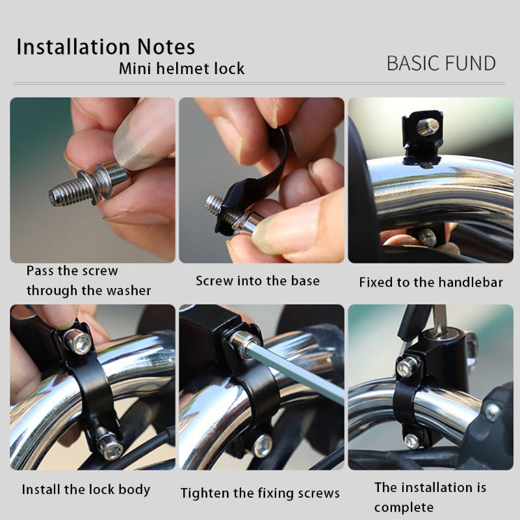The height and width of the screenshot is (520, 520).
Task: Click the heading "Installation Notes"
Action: [106, 46]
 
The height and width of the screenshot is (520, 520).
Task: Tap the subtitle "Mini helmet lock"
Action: [182, 69]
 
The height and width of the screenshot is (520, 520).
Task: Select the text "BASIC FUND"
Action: [441, 63]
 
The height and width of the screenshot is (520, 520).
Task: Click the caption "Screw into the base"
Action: [257, 281]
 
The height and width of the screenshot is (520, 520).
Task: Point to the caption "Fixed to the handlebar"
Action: [431, 282]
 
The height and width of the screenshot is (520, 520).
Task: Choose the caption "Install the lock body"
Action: [86, 489]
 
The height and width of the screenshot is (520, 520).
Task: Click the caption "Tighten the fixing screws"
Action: [260, 493]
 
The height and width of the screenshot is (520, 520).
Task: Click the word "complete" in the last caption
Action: [404, 508]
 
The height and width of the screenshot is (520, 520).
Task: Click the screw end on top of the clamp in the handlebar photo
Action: [428, 127]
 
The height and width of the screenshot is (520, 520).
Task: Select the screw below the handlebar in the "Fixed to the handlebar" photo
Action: [427, 237]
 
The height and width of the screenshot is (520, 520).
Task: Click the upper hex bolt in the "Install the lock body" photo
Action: [78, 342]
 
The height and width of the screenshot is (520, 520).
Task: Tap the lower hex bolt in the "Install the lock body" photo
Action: [109, 445]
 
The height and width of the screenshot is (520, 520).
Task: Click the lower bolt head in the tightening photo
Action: [263, 446]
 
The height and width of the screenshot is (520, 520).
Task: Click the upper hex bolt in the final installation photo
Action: [407, 367]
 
